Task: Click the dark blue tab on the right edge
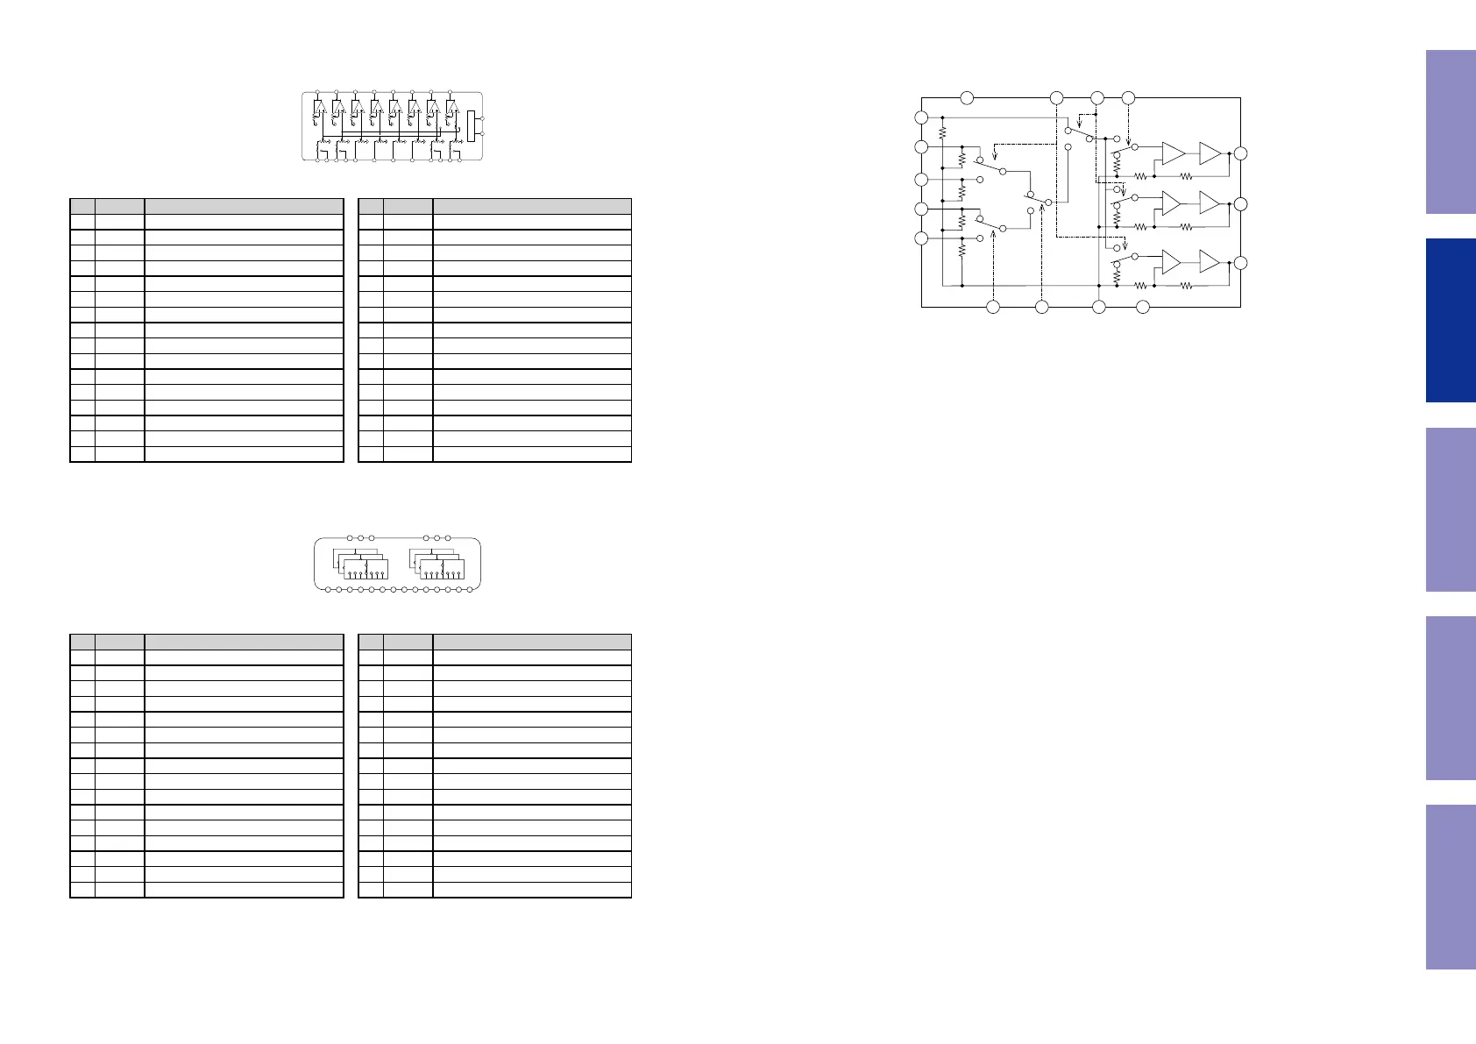(x=1451, y=320)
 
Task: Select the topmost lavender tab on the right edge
(x=1451, y=131)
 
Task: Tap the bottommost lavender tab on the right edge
(x=1451, y=886)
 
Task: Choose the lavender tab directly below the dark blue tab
(x=1451, y=509)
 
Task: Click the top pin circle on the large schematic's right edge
(x=1239, y=153)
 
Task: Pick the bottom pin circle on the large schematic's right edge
(x=1239, y=263)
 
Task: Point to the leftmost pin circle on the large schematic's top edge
(x=967, y=97)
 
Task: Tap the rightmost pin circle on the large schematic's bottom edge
(x=1143, y=307)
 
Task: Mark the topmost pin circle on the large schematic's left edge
(x=921, y=117)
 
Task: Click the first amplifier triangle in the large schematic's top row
(x=1172, y=153)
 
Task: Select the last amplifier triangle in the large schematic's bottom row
(x=1210, y=262)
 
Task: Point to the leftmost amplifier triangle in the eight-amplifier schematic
(x=320, y=108)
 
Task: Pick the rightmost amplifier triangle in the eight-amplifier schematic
(x=452, y=108)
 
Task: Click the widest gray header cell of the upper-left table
(x=244, y=207)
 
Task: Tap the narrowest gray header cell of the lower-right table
(x=371, y=642)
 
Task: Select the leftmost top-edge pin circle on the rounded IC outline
(x=350, y=537)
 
